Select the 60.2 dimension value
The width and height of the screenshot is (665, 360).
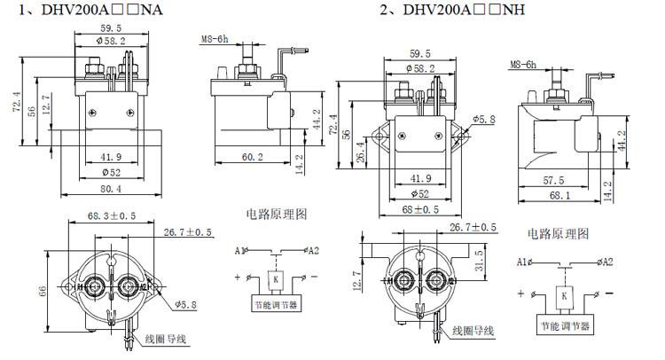click(252, 157)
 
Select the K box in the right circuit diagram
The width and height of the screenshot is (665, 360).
click(563, 295)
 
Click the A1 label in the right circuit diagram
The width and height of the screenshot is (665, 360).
click(522, 262)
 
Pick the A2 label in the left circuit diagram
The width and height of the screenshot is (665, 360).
click(316, 250)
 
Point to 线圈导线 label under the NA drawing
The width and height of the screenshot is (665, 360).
click(167, 340)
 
